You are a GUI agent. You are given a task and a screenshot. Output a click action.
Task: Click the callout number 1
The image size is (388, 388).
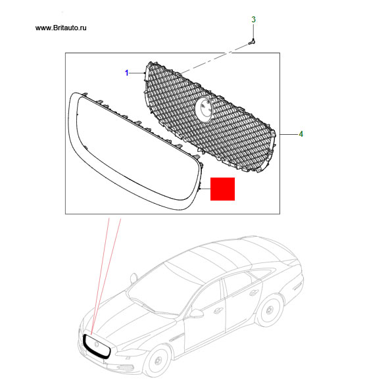tap(127, 73)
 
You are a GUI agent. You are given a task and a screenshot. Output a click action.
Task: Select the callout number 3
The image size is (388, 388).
tap(253, 20)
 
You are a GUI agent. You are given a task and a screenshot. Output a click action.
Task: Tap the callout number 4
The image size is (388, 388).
tap(301, 134)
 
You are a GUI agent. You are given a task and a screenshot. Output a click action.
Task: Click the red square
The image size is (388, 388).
tap(222, 189)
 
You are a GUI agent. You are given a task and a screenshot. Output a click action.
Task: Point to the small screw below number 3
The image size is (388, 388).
tap(252, 42)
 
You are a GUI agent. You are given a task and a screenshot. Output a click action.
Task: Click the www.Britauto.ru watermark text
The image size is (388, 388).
tap(61, 28)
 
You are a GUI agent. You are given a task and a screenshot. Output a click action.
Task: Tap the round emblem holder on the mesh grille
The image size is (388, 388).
tap(204, 109)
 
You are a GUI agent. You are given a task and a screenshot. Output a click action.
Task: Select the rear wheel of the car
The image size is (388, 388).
tap(269, 310)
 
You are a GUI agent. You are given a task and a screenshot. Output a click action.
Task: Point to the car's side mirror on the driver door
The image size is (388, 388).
tap(196, 314)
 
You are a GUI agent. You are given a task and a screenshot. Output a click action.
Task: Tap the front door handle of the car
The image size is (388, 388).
tap(218, 310)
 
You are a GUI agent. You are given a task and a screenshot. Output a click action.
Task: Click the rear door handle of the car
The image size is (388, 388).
tap(254, 293)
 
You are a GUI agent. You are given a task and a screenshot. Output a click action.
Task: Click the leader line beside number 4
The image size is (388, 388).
tap(289, 134)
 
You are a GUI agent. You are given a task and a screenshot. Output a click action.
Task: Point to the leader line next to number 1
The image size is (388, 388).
tap(137, 73)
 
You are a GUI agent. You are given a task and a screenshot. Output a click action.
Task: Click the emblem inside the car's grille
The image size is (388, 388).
tap(97, 344)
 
